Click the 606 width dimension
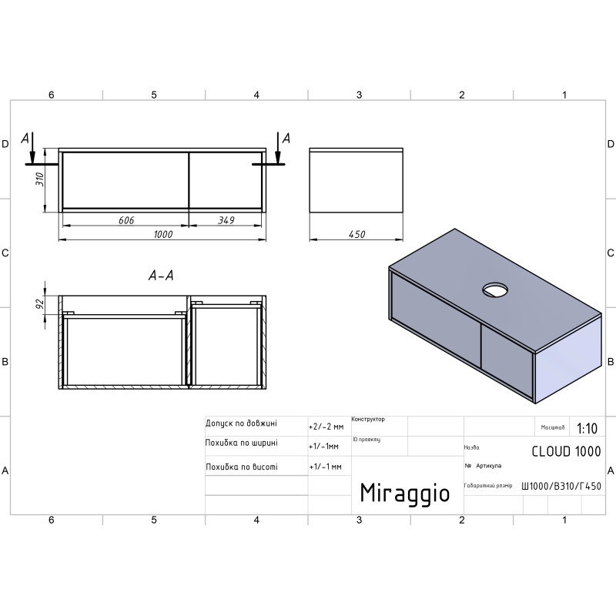(x=126, y=220)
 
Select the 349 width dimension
(x=226, y=220)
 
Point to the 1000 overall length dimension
(x=162, y=235)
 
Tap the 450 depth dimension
(x=357, y=235)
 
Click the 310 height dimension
(x=40, y=179)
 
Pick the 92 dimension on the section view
(x=40, y=304)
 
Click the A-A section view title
(x=161, y=276)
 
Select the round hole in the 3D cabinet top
(x=495, y=290)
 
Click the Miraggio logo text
(x=405, y=493)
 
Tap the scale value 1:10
(x=587, y=428)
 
